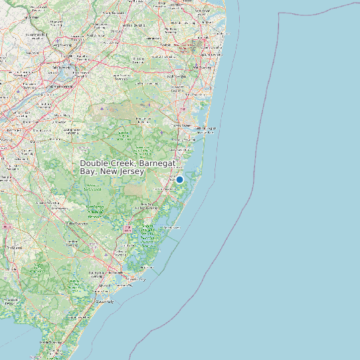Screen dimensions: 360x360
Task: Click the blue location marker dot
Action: coord(179,179)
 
